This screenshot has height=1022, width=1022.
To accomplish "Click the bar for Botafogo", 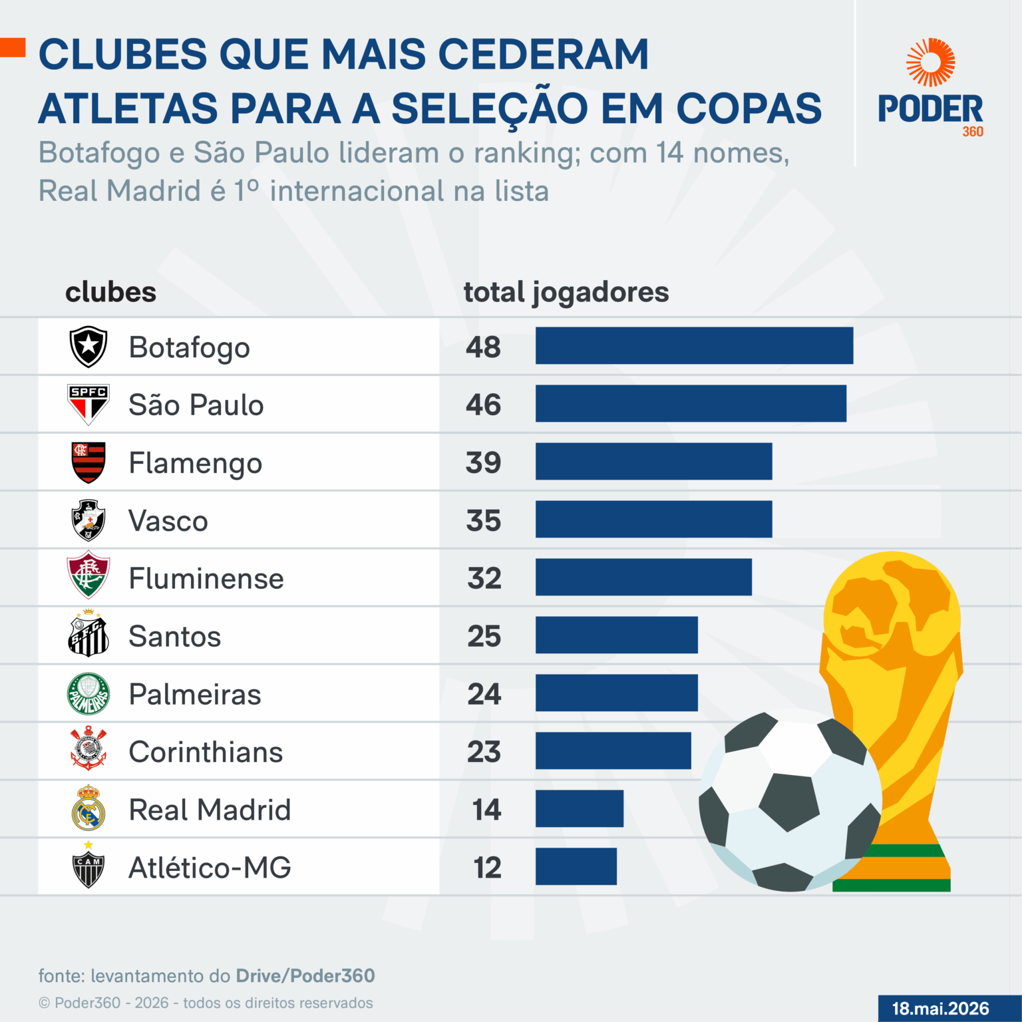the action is point(694,345).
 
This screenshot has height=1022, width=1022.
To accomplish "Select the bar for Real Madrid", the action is point(580,808).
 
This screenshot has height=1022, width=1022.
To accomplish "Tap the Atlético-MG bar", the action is point(576,866).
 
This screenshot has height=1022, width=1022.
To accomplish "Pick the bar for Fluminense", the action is point(643,577).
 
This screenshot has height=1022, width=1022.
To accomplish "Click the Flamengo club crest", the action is point(88,462).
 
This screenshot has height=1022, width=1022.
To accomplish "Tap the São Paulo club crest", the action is point(88,405).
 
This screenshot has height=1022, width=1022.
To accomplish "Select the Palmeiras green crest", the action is point(88,694).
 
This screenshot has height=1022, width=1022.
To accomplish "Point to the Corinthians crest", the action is point(88,749).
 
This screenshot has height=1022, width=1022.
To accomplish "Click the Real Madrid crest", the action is point(88,807).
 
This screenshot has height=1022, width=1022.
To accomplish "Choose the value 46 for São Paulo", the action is point(483,405).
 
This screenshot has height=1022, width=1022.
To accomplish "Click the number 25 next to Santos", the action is point(484,636).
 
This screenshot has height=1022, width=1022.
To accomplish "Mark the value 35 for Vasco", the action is point(484,520).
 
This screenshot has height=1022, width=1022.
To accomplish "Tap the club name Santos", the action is point(174,637).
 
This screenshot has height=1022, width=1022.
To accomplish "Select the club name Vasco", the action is point(168,521).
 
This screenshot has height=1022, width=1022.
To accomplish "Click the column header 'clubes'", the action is point(111,292).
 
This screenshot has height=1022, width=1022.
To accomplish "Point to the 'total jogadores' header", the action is point(566,293).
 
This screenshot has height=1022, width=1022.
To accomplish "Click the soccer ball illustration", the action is point(790,801).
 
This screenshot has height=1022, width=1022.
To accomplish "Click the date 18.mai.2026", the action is point(940,1009).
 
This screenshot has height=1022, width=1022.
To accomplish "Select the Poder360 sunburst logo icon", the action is point(930,63).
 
